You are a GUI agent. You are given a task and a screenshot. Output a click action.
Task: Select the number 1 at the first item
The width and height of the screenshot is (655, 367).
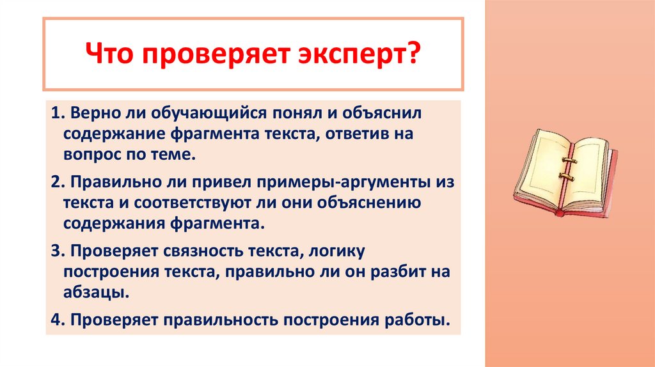click(x=55, y=114)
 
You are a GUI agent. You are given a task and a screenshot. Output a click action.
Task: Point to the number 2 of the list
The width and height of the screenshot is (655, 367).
click(x=56, y=182)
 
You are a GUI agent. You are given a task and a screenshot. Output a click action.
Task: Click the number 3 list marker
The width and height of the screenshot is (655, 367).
click(x=56, y=251)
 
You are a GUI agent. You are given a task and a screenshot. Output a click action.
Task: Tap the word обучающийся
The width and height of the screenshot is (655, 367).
click(x=200, y=114)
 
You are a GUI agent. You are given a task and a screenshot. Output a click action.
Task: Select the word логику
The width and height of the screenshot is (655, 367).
click(x=327, y=251)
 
